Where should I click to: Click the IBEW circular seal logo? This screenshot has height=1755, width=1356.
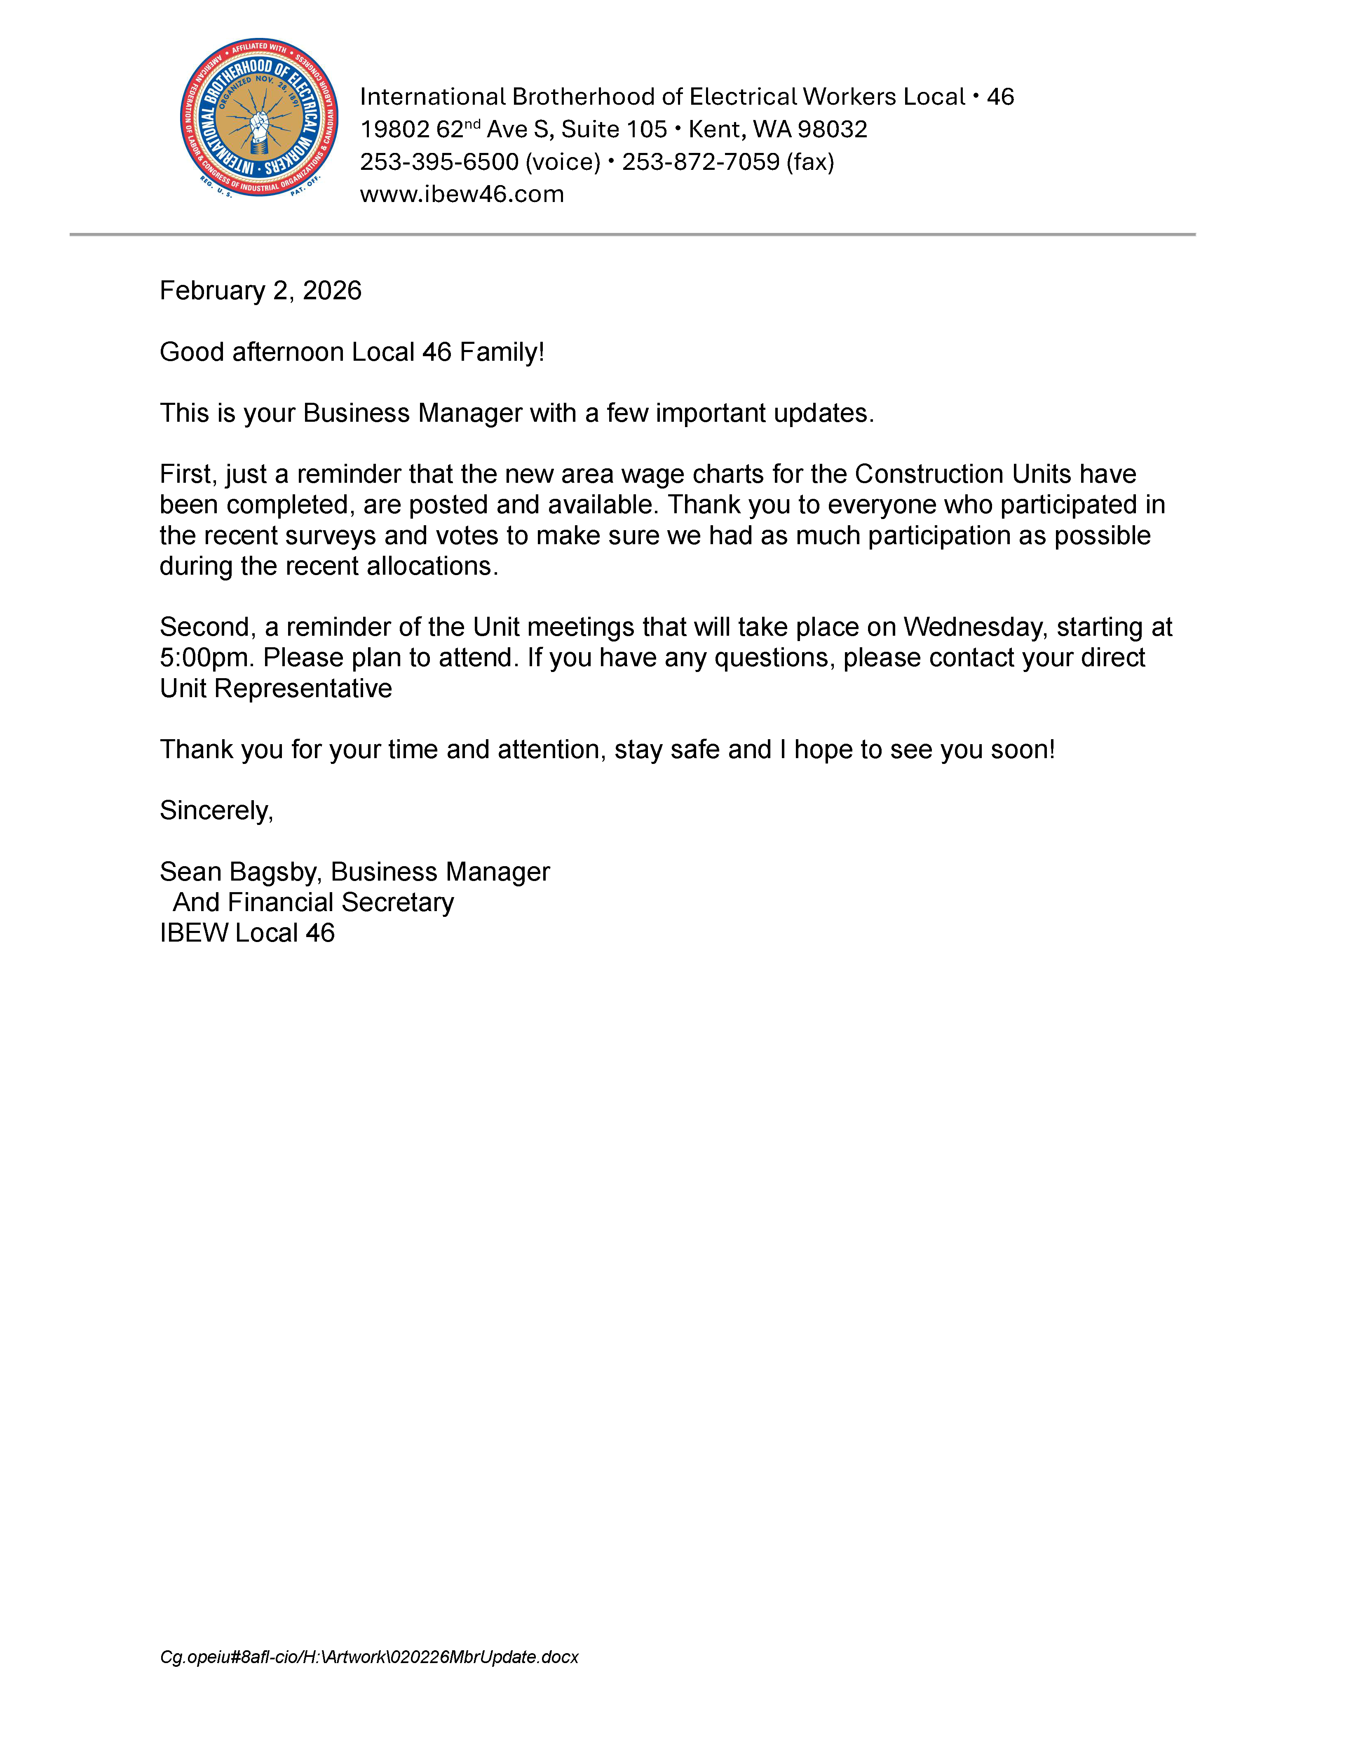click(259, 117)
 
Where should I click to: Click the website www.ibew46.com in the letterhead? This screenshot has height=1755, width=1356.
click(462, 195)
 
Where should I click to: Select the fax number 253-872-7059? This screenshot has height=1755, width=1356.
click(701, 162)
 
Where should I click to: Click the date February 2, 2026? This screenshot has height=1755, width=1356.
click(260, 291)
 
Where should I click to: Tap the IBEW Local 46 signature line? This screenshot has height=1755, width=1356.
click(246, 933)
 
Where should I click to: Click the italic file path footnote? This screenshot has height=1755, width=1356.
click(369, 1657)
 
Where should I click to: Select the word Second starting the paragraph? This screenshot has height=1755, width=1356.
click(211, 627)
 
